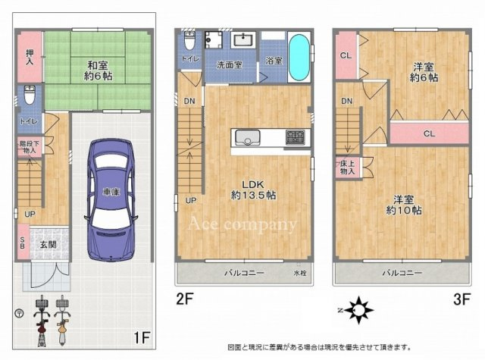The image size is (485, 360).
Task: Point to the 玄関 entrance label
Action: [x=48, y=244]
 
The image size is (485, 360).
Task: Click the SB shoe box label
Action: [x=22, y=243]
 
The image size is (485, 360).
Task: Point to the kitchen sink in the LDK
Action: [x=248, y=138]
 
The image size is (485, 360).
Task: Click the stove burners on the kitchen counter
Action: [x=295, y=137]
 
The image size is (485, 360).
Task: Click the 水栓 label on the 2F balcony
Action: [x=300, y=272]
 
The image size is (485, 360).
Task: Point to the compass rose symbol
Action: [x=358, y=308]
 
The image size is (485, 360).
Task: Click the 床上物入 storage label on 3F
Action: [x=347, y=167]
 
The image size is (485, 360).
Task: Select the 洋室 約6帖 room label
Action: [x=425, y=71]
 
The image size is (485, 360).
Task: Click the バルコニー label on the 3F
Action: [x=401, y=271]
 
